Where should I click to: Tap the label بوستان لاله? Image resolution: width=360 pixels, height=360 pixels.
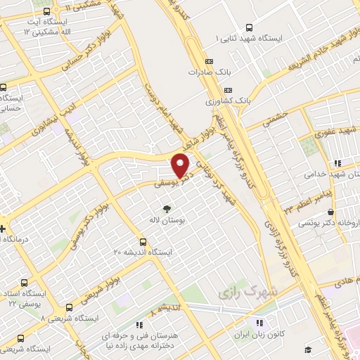click(x=167, y=221)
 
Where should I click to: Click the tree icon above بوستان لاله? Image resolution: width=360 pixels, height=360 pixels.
click(x=167, y=209)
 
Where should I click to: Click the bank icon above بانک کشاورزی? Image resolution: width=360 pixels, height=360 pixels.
click(x=228, y=90)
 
